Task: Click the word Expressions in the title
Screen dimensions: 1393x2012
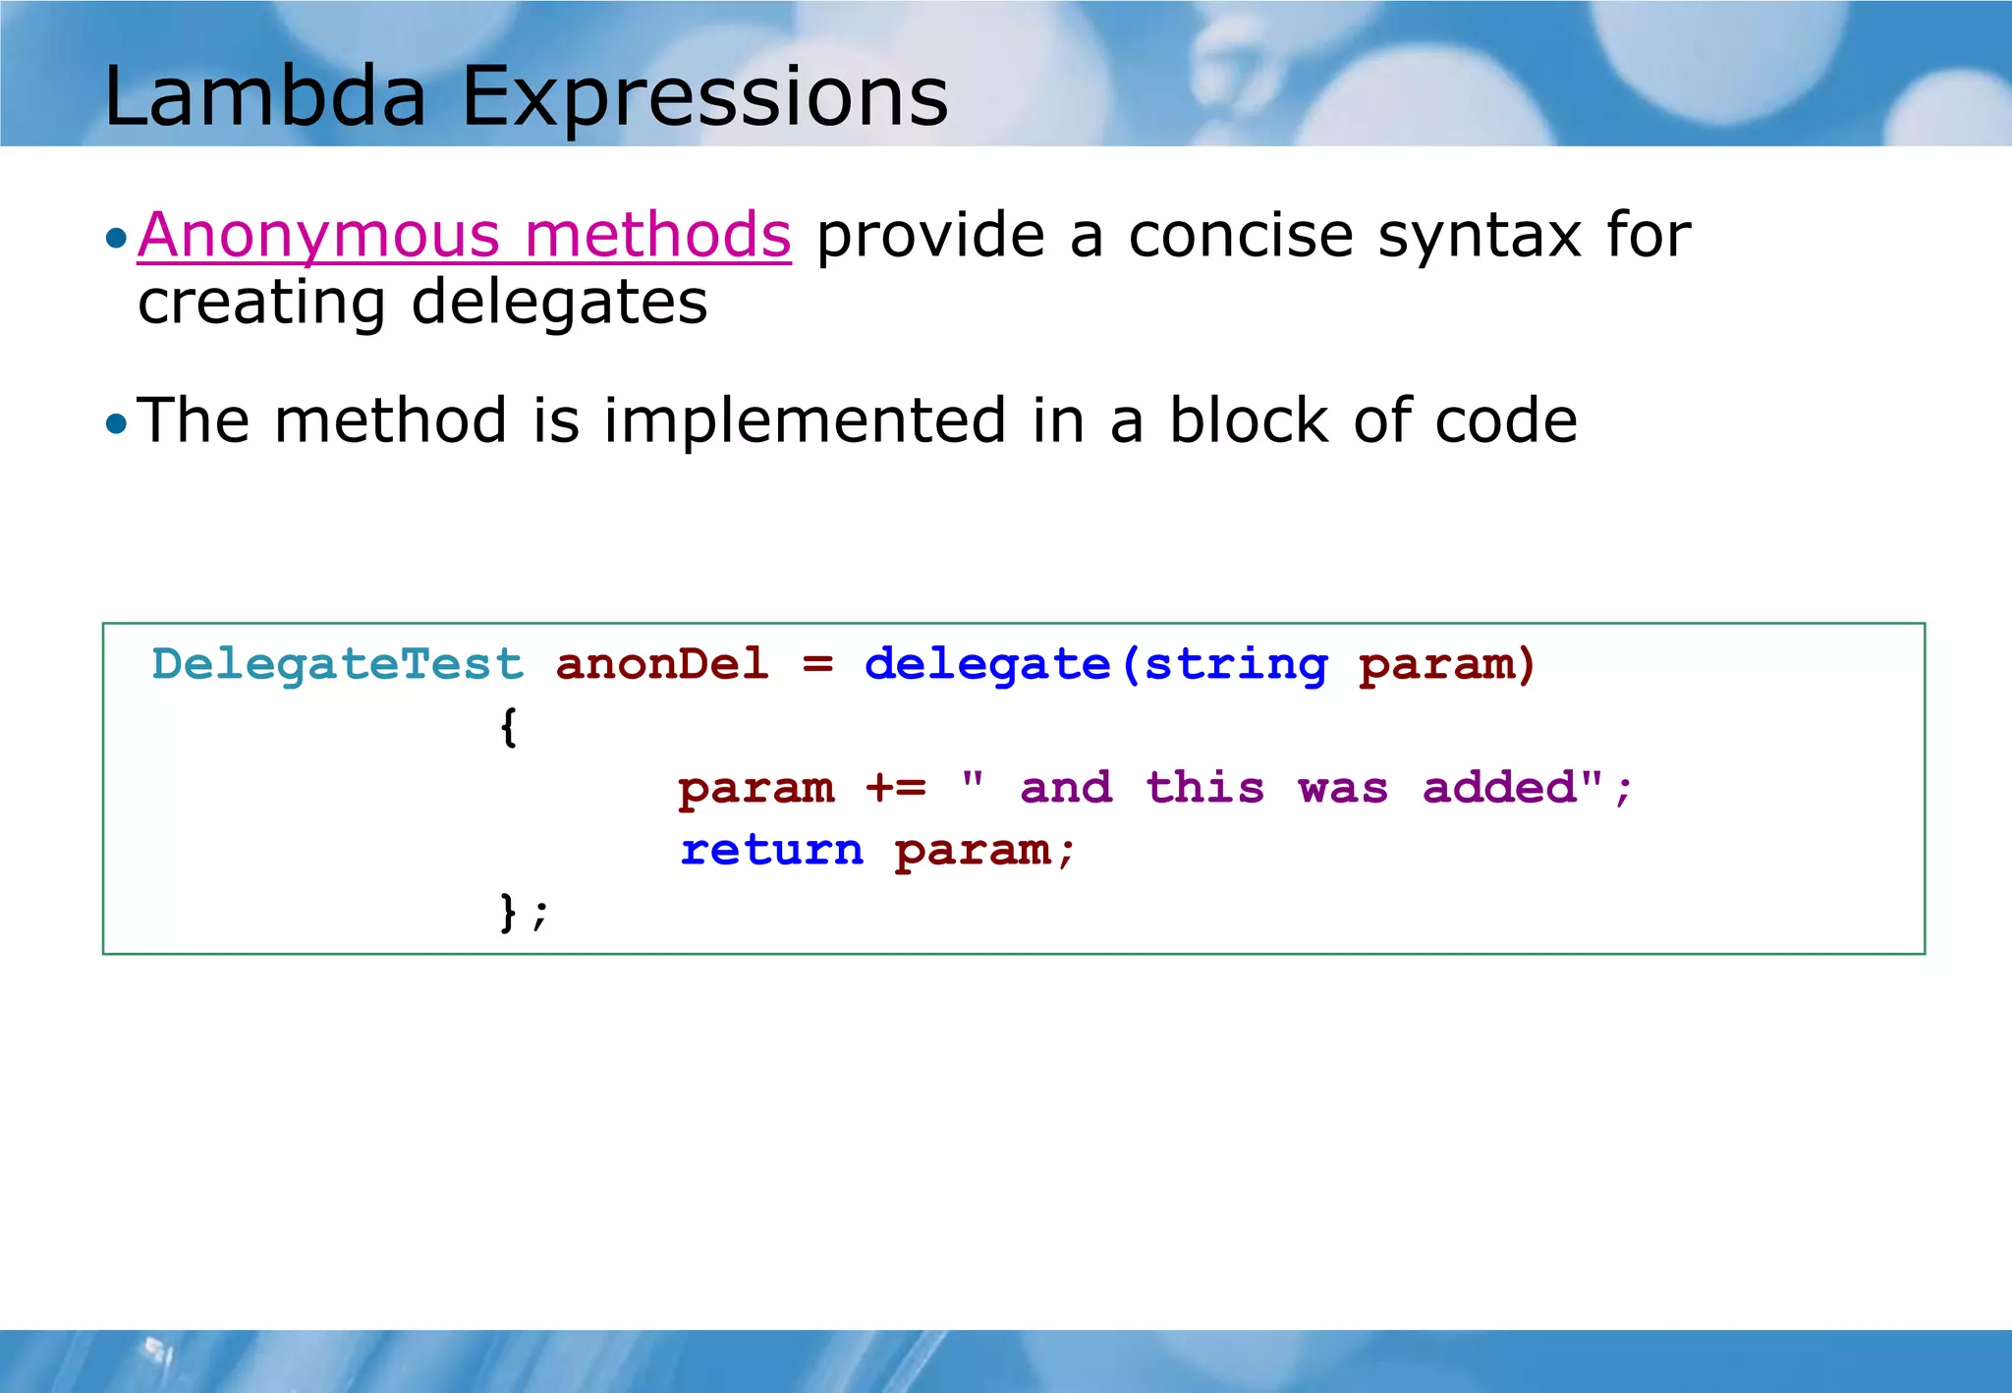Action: tap(704, 96)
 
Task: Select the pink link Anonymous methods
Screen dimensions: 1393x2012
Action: tap(464, 236)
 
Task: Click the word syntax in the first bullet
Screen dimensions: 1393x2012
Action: tap(1480, 236)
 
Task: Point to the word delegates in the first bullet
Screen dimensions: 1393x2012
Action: tap(558, 302)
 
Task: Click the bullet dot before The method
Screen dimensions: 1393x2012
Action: tap(117, 423)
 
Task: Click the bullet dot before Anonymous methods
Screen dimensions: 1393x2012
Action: tap(117, 238)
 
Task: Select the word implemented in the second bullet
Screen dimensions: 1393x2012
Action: tap(805, 420)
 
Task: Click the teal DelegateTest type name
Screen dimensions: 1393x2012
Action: tap(337, 665)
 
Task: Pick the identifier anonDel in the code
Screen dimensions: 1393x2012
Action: tap(662, 664)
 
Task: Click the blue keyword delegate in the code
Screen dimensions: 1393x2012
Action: tap(986, 665)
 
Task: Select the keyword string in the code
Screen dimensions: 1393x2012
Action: tap(1236, 665)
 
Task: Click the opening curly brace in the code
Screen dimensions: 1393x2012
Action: tap(508, 727)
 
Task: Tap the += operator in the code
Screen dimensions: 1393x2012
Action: tap(895, 788)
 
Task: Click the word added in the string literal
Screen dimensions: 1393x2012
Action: tap(1499, 788)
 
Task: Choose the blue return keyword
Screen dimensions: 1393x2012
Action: tap(772, 850)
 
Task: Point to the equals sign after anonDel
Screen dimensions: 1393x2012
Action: tap(817, 665)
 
